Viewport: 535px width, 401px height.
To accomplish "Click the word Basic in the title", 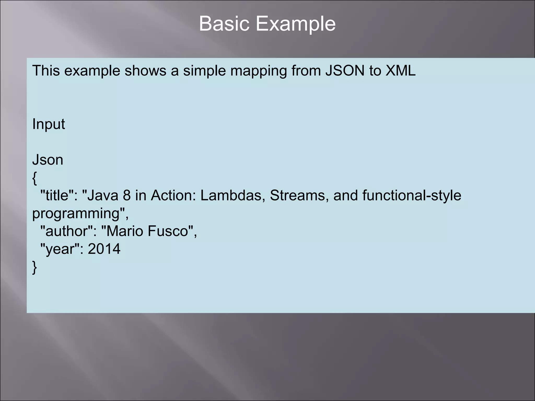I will pos(224,24).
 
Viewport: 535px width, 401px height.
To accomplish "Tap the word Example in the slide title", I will pos(295,24).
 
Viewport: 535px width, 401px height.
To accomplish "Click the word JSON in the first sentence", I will pos(345,71).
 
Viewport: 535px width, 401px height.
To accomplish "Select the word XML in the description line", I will pos(400,71).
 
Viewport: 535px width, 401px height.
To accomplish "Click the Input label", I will pos(49,124).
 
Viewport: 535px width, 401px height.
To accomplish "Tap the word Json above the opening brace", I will pos(48,160).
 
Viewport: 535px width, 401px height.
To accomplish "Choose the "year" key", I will pos(60,249).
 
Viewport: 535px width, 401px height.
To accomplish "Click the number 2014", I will pos(104,249).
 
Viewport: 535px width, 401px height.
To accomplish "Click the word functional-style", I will pos(412,195).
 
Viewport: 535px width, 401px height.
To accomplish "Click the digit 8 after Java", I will pos(127,195).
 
